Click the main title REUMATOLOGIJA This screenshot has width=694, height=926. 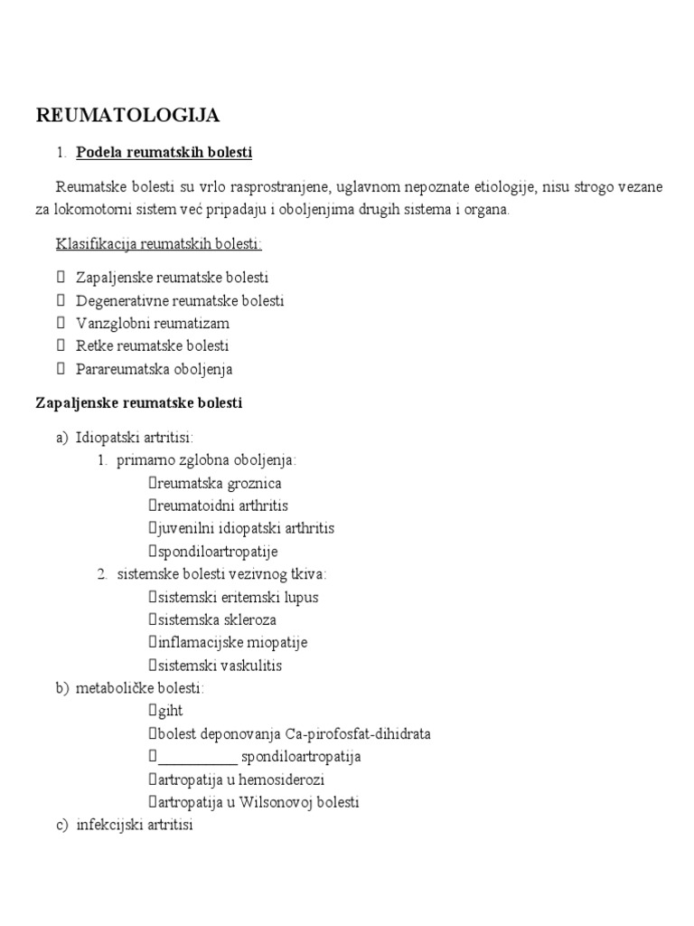click(x=127, y=115)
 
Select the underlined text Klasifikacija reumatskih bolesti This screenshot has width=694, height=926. click(x=159, y=244)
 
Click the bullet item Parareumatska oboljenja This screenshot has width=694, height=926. click(x=155, y=369)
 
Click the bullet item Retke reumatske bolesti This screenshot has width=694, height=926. click(x=153, y=345)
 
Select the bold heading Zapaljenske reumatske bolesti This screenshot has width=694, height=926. click(x=138, y=402)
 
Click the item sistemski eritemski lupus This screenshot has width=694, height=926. click(x=238, y=598)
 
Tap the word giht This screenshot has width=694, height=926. click(x=170, y=712)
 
